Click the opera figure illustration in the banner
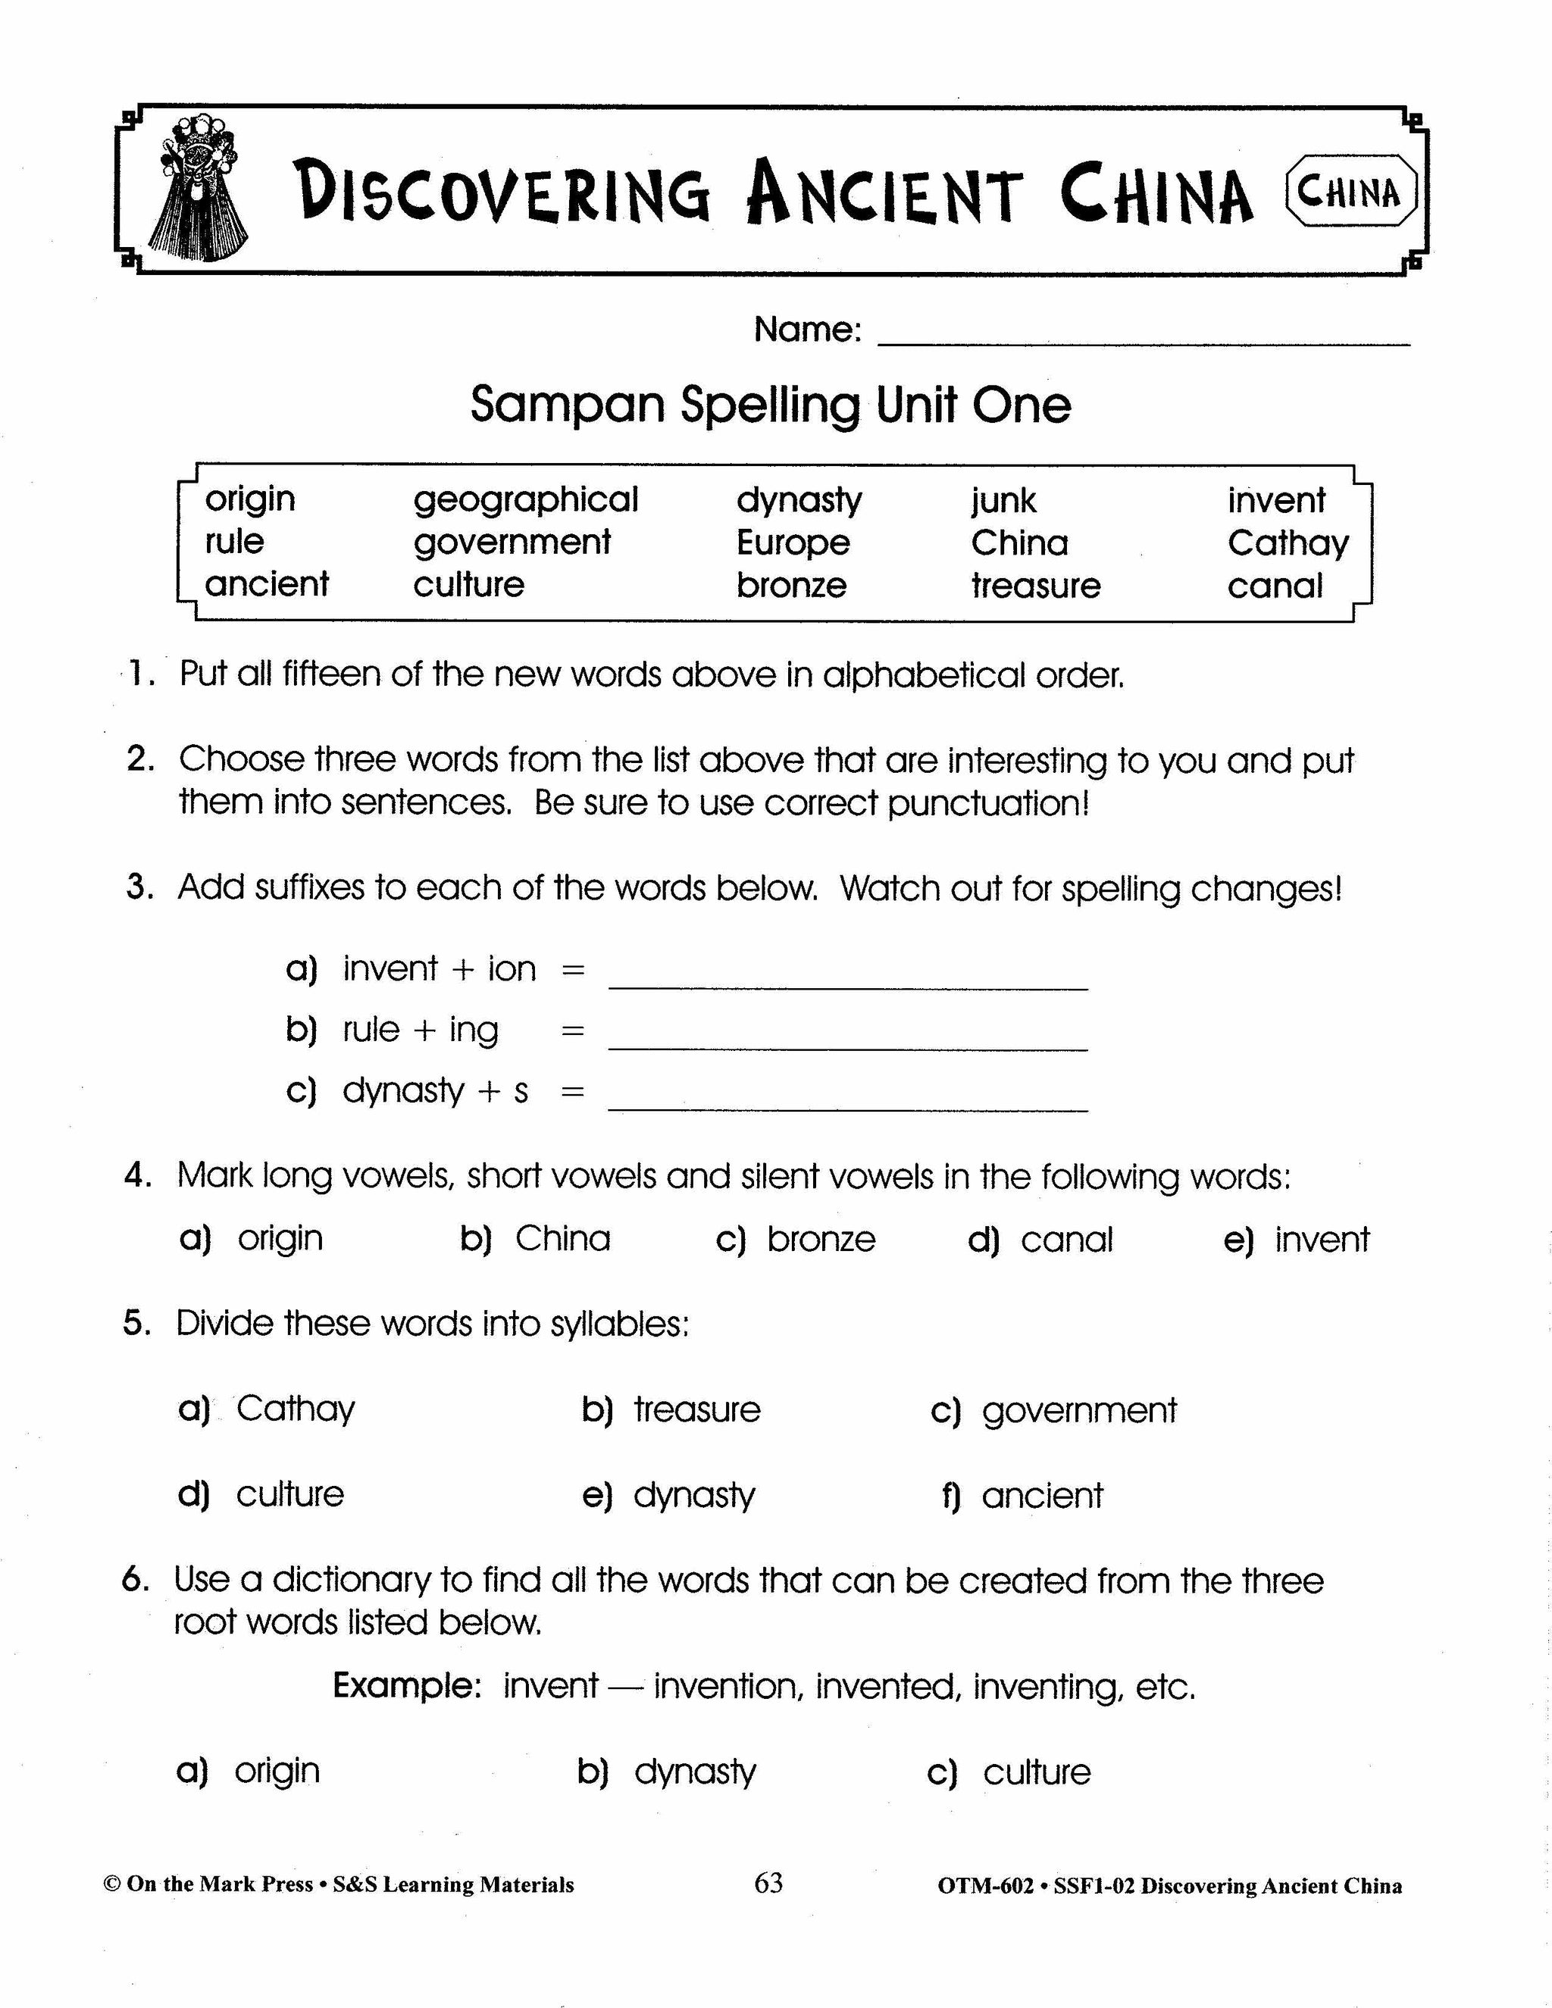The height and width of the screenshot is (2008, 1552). pyautogui.click(x=196, y=189)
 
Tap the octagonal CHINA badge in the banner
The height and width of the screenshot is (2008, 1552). pyautogui.click(x=1350, y=191)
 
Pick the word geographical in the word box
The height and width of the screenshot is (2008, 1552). pyautogui.click(x=525, y=500)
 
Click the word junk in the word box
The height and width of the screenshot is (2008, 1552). pyautogui.click(x=1003, y=501)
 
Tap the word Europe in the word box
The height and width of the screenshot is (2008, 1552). pyautogui.click(x=793, y=543)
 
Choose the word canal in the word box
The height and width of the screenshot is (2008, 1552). pyautogui.click(x=1275, y=586)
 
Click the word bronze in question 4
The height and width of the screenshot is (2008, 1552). pyautogui.click(x=821, y=1240)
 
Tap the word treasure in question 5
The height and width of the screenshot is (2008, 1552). pyautogui.click(x=697, y=1409)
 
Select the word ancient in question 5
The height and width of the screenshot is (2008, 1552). pyautogui.click(x=1042, y=1496)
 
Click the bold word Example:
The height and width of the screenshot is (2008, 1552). pyautogui.click(x=407, y=1686)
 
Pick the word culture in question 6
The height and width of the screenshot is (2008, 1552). pyautogui.click(x=1036, y=1772)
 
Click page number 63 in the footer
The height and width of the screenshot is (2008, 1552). pyautogui.click(x=768, y=1883)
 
